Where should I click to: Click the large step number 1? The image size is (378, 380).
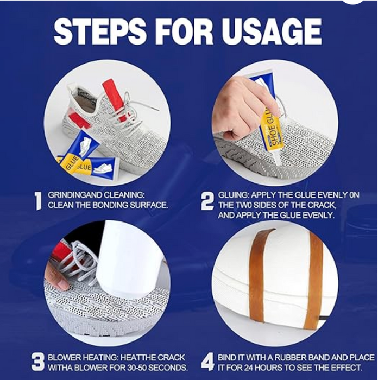[x=38, y=201]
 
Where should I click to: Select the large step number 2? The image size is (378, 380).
[x=207, y=201]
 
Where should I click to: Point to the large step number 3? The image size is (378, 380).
[x=38, y=362]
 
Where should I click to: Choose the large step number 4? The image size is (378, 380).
[x=208, y=362]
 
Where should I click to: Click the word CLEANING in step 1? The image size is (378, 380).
[x=124, y=195]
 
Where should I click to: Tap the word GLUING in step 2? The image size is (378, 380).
[x=233, y=195]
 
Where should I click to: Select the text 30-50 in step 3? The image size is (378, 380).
[x=135, y=368]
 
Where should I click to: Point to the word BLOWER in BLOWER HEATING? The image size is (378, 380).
[x=64, y=357]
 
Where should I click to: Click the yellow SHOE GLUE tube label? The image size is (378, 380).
[x=272, y=129]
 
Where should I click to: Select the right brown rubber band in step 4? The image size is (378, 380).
[x=314, y=281]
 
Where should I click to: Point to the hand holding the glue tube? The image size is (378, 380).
[x=242, y=106]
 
